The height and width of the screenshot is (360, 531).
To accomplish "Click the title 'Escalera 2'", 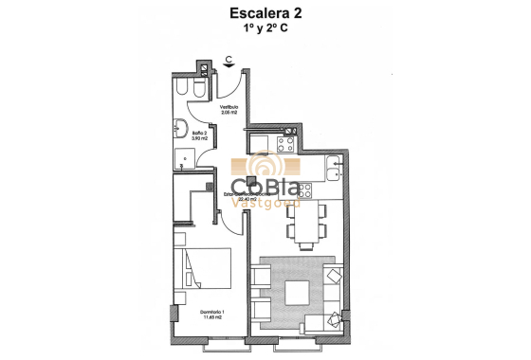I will click(265, 13).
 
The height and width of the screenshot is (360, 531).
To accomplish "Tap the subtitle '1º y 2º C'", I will click(265, 29).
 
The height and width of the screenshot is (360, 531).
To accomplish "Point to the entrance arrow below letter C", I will click(229, 67).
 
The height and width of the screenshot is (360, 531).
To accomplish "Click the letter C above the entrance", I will click(229, 57).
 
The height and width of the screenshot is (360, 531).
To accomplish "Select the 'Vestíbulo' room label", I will click(230, 108).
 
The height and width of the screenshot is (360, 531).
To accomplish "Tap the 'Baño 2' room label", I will click(200, 134).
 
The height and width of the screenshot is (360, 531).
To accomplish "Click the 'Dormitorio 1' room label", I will click(194, 312).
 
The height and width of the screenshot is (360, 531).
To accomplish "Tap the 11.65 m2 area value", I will click(194, 318).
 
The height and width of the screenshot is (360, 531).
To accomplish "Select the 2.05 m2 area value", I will click(230, 114).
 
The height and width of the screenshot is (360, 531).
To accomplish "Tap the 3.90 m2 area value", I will click(200, 139).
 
